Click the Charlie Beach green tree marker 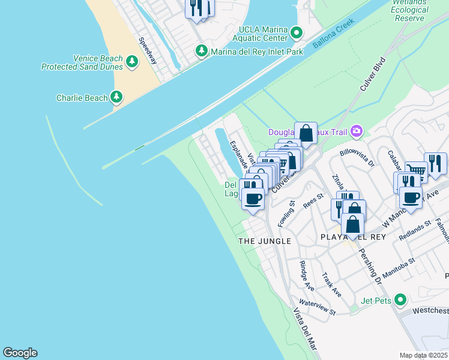coord(116,97)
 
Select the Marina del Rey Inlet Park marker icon coord(202,52)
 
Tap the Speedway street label coord(148,52)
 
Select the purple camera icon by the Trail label coord(357,131)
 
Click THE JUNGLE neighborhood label coord(265,241)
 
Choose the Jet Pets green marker coord(400,299)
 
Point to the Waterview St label coord(317,308)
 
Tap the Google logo coord(20,353)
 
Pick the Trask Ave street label coord(331,285)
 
